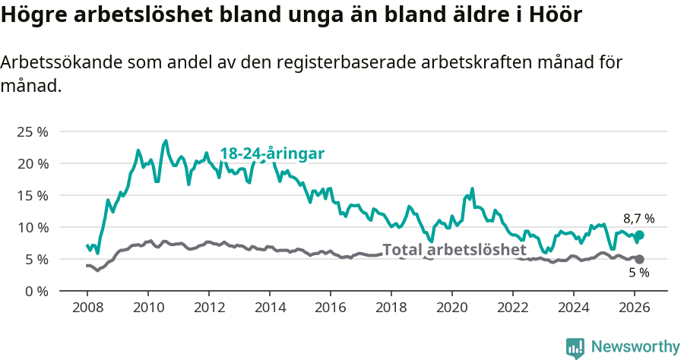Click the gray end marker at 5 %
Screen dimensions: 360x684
point(639,259)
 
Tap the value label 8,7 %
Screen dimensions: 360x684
point(638,219)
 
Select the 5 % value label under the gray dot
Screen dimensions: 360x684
point(638,273)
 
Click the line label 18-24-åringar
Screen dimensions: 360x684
point(272,153)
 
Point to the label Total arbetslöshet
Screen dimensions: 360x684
point(454,250)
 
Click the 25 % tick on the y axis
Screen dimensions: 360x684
point(33,131)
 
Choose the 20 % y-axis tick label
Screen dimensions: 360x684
point(33,163)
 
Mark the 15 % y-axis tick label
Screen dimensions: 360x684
point(33,195)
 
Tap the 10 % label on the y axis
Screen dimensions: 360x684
point(33,227)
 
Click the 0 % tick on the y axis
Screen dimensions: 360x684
point(36,291)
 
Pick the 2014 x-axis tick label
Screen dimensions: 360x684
point(269,308)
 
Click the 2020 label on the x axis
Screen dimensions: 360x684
point(452,308)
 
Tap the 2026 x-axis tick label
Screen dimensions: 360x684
point(635,308)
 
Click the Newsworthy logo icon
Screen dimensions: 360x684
point(575,348)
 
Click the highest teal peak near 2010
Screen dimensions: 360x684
point(166,141)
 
